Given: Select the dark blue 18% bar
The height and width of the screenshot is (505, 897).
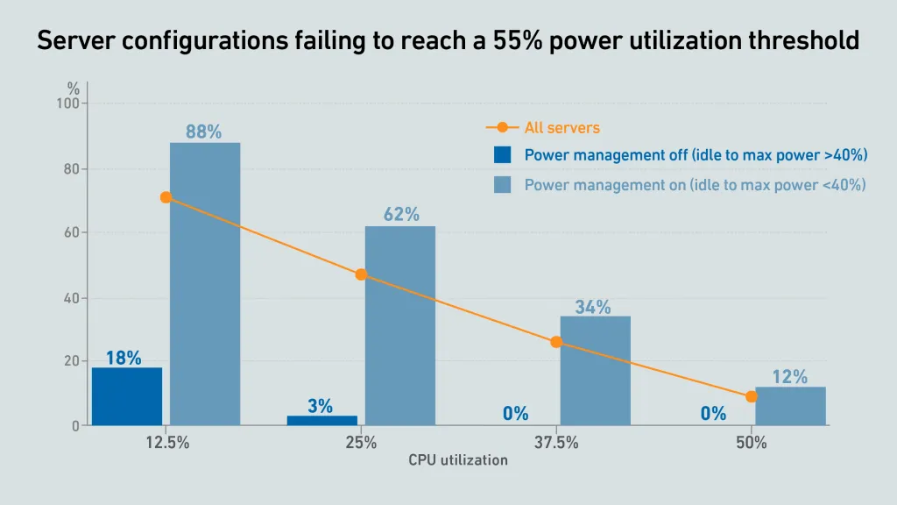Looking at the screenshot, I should click(x=127, y=396).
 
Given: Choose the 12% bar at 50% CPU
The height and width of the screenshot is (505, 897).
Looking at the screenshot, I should click(x=790, y=407).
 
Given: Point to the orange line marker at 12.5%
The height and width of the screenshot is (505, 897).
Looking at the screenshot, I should click(x=166, y=197).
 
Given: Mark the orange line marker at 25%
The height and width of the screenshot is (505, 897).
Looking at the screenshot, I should click(x=361, y=274).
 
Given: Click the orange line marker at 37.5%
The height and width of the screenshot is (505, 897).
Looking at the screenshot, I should click(x=556, y=342).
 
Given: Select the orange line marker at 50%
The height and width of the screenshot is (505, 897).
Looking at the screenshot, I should click(x=752, y=396).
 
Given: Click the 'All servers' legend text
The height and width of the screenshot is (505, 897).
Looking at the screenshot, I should click(x=562, y=128).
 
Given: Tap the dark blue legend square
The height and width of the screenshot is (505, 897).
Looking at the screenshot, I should click(x=502, y=155).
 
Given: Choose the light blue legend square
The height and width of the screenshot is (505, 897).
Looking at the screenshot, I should click(x=502, y=185).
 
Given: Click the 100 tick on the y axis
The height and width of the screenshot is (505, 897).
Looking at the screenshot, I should click(x=67, y=103).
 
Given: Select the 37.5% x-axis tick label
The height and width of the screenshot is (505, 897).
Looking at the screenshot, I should click(x=556, y=443).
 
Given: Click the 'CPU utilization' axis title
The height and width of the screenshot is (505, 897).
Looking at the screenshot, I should click(x=457, y=460).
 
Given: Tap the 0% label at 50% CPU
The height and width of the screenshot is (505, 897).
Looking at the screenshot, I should click(x=713, y=414).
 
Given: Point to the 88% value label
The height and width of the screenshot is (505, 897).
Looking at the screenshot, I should click(x=203, y=132).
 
